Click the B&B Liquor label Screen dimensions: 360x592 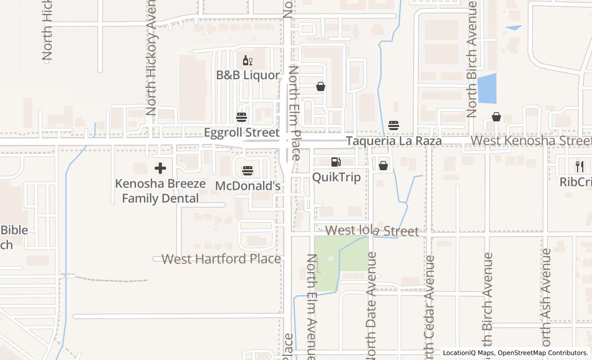point(248,75)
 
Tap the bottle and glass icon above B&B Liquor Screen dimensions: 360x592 point(248,61)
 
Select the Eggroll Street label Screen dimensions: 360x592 point(242,133)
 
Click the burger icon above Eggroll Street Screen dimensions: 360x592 point(242,117)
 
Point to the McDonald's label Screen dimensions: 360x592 point(248,186)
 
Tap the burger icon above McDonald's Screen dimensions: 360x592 point(248,170)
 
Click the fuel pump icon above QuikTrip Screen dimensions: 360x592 point(336,162)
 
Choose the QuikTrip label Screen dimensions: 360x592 point(336,177)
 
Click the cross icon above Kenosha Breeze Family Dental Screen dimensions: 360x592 point(160,168)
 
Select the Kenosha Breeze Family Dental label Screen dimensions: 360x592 point(160,191)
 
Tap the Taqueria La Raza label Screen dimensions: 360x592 point(394,141)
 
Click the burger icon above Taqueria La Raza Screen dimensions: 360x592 point(394,125)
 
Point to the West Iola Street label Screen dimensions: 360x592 point(372,231)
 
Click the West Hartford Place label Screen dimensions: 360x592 point(221,259)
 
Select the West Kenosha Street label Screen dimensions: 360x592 point(531,140)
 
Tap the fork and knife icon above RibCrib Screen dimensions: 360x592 point(580,166)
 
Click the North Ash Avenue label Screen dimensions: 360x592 point(546,298)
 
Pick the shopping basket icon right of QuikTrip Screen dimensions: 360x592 point(383,165)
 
